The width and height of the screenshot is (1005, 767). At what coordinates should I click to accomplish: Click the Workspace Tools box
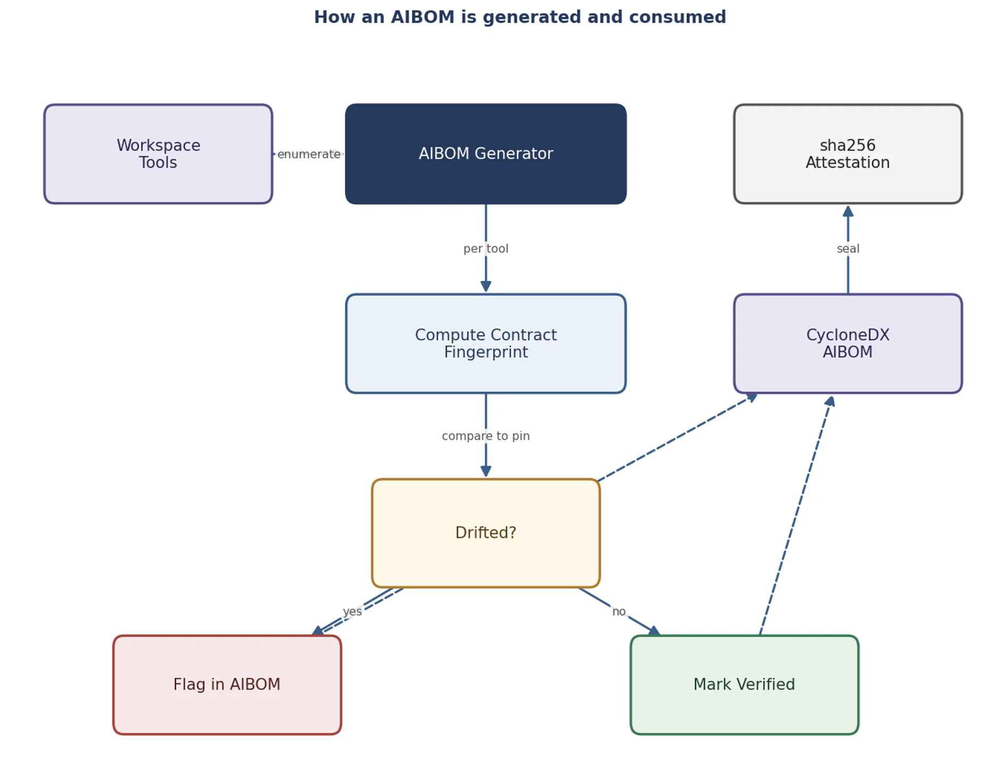pyautogui.click(x=158, y=154)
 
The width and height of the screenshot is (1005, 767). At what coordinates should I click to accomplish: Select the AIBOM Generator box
pyautogui.click(x=485, y=154)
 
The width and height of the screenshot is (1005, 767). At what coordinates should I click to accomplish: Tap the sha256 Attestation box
pyautogui.click(x=847, y=154)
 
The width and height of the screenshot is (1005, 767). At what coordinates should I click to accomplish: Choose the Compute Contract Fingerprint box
pyautogui.click(x=485, y=344)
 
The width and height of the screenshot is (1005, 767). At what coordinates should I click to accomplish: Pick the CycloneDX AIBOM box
pyautogui.click(x=847, y=344)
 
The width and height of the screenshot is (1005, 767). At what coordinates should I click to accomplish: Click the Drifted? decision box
pyautogui.click(x=485, y=533)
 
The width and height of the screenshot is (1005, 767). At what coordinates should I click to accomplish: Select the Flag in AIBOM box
pyautogui.click(x=227, y=685)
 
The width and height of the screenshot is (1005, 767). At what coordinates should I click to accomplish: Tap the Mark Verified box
pyautogui.click(x=744, y=685)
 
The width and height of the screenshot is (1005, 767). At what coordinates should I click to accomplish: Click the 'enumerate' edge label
pyautogui.click(x=309, y=154)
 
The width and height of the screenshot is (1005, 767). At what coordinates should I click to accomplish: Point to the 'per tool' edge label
pyautogui.click(x=485, y=248)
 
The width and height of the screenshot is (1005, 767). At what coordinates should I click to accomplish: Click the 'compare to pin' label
pyautogui.click(x=485, y=436)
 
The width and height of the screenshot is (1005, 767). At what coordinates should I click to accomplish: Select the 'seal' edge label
pyautogui.click(x=847, y=248)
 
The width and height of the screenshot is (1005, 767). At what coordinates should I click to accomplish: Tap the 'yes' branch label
pyautogui.click(x=352, y=612)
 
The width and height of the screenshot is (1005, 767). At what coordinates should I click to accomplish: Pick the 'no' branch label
pyautogui.click(x=619, y=612)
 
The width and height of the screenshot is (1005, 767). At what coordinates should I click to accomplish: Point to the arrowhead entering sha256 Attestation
pyautogui.click(x=848, y=211)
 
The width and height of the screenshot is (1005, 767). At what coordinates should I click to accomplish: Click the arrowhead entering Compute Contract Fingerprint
pyautogui.click(x=485, y=287)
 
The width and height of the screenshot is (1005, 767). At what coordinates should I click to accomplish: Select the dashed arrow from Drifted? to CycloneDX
pyautogui.click(x=677, y=437)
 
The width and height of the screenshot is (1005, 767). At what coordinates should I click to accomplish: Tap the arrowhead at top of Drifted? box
pyautogui.click(x=485, y=471)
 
